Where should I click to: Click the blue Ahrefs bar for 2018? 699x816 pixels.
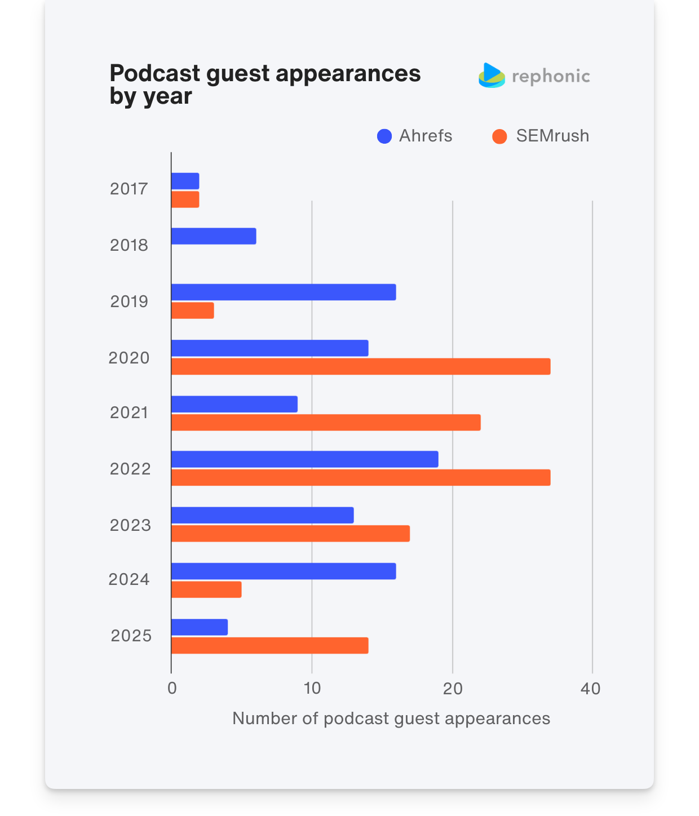(x=214, y=236)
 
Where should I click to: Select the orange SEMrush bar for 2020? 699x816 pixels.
(x=361, y=366)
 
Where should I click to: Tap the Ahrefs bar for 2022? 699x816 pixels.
(x=304, y=459)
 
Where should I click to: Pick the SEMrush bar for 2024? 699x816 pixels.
(x=206, y=589)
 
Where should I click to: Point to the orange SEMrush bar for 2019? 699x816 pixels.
(x=192, y=311)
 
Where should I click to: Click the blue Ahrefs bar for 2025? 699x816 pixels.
(x=200, y=627)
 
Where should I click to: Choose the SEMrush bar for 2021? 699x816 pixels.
(x=326, y=423)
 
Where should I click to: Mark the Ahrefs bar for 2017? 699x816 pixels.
(x=185, y=181)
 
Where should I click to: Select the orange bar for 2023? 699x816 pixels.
(x=290, y=534)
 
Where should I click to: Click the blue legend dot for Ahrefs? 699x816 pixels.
(x=384, y=136)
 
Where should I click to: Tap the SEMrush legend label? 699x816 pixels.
(x=552, y=136)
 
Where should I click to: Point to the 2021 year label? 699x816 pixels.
(x=129, y=413)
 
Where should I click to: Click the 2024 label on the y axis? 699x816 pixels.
(x=129, y=579)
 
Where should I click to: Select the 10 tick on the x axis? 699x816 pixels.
(x=312, y=689)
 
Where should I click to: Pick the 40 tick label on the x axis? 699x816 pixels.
(x=591, y=689)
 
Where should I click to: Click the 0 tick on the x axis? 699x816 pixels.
(x=172, y=689)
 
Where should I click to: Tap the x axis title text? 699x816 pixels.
(x=391, y=719)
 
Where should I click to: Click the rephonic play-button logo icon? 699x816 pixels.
(x=492, y=76)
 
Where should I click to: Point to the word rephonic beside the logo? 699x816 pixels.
(x=551, y=77)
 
